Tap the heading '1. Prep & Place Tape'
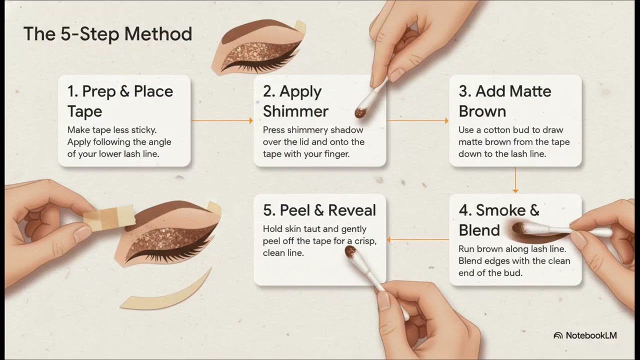coord(120,101)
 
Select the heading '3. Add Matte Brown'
coord(505,101)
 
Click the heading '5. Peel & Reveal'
coord(319,210)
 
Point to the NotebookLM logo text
coord(591,335)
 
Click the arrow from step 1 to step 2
coord(222,120)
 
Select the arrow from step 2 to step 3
coord(417,120)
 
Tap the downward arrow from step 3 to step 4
coord(515,180)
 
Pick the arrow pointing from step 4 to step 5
coord(417,239)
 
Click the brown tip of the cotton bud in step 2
coord(360,112)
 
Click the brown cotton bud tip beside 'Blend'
coord(519,228)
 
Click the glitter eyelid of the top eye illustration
coord(257,54)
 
